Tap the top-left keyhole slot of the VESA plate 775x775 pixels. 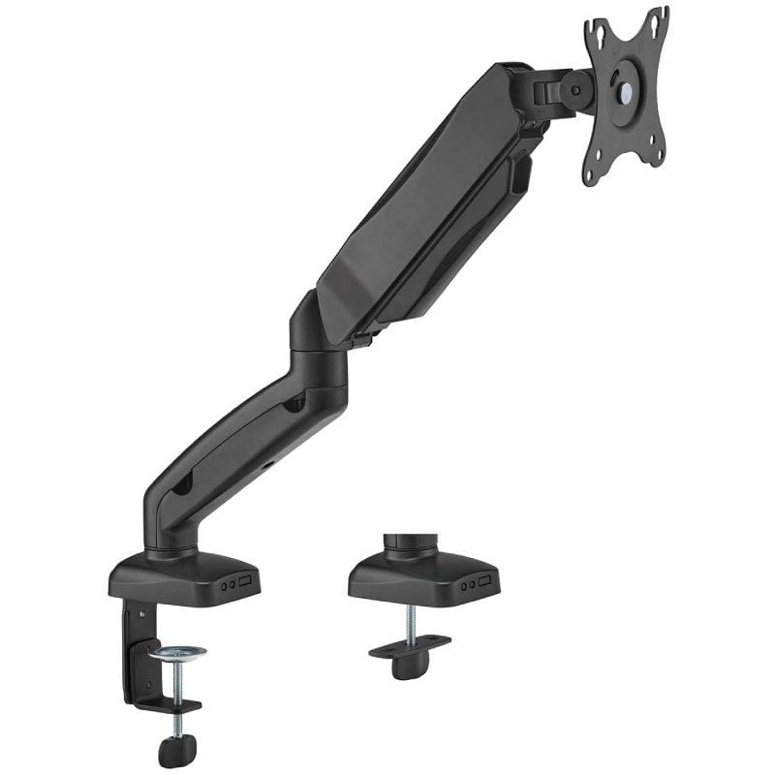click(x=602, y=38)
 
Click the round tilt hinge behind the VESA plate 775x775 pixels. click(x=576, y=91)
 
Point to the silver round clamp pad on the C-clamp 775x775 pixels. click(x=176, y=651)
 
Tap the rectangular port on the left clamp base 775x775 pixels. click(x=245, y=584)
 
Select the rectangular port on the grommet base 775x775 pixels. click(x=485, y=584)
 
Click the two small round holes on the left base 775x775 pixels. click(x=227, y=585)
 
